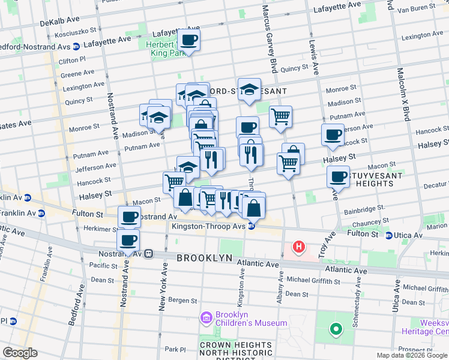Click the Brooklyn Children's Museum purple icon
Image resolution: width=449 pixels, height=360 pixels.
coord(206,317)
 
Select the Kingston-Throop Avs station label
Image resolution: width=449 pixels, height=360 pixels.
coord(208,226)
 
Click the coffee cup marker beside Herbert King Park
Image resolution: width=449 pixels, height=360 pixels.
coord(188,40)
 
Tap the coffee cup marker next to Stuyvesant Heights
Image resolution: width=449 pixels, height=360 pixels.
coord(338,176)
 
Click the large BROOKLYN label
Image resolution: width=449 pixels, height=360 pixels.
coord(204,258)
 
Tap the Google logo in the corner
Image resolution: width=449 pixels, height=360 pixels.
coord(20,353)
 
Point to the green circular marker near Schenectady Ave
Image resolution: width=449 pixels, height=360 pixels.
coord(335,329)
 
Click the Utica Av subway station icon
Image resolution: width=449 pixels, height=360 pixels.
coord(389,235)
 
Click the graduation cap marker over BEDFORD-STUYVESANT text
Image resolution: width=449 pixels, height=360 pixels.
coord(249,89)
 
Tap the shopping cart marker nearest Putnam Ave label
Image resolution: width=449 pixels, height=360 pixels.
coord(280,116)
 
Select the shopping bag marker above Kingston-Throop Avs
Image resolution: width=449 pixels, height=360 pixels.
coord(254,208)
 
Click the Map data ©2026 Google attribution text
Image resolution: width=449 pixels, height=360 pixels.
coord(412,355)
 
